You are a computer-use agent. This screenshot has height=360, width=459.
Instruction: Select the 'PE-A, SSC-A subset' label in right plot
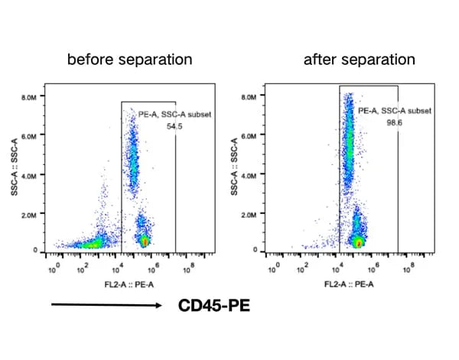coord(395,112)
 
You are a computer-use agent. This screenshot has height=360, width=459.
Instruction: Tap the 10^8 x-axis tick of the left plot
coord(190,268)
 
